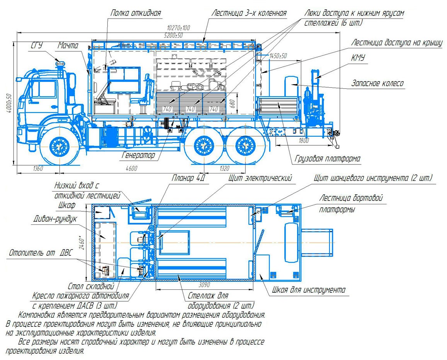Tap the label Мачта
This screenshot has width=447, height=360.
tap(68, 46)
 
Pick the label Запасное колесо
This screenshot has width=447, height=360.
tap(377, 83)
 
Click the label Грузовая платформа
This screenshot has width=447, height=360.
tap(328, 159)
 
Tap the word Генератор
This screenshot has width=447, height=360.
tap(138, 155)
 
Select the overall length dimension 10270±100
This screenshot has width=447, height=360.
tap(178, 28)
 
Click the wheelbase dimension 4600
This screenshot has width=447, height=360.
tap(131, 168)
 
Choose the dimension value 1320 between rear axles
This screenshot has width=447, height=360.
tap(224, 168)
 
